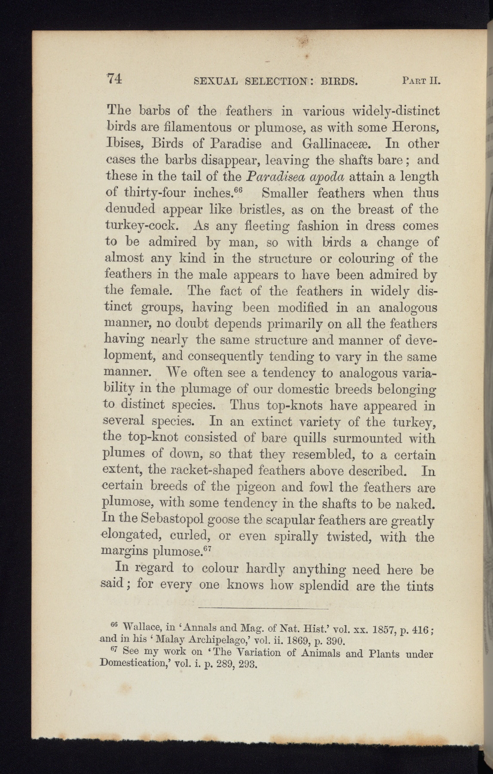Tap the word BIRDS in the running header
(339, 80)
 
